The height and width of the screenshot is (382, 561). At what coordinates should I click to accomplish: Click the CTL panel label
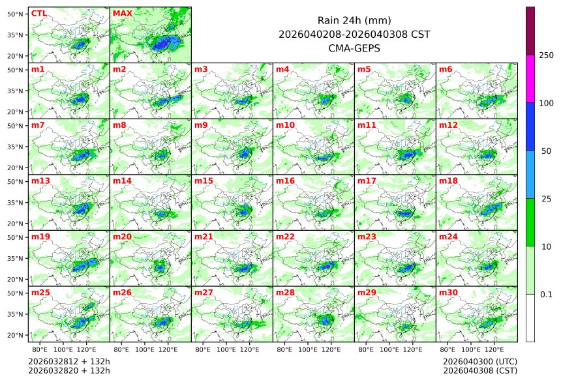click(38, 13)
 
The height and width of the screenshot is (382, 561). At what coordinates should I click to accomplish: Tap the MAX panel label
click(121, 13)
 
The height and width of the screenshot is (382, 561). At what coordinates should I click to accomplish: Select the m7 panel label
click(38, 125)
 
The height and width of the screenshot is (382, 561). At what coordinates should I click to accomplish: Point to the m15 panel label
click(203, 181)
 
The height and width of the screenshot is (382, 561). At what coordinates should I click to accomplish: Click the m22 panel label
click(284, 237)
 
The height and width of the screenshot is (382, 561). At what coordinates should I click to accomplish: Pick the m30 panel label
click(447, 293)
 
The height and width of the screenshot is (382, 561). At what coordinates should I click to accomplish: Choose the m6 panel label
click(446, 69)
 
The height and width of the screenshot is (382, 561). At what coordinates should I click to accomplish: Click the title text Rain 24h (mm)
click(354, 20)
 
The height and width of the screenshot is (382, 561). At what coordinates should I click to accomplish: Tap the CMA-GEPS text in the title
click(354, 48)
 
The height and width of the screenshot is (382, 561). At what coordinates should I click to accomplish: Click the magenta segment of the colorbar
click(530, 78)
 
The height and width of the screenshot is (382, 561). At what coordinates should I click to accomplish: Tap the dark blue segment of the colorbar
click(530, 126)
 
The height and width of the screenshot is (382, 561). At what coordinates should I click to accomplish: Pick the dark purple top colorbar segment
click(530, 31)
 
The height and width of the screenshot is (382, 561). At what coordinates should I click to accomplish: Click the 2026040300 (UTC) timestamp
click(479, 361)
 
